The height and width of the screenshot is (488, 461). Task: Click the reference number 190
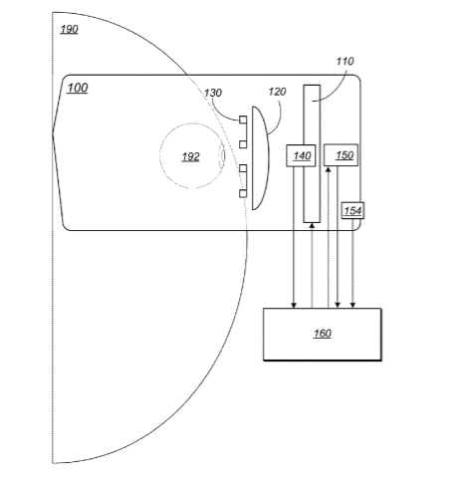(69, 29)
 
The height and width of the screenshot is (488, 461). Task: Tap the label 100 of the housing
(78, 88)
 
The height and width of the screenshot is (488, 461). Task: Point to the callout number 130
(213, 93)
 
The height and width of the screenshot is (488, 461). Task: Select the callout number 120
(277, 92)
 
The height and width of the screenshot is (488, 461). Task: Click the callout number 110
(345, 61)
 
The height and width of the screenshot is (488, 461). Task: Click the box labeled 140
(301, 155)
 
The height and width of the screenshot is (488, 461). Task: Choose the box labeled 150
(342, 155)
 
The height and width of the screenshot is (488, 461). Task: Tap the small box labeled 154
(352, 210)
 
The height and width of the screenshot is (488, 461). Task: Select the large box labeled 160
(323, 334)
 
